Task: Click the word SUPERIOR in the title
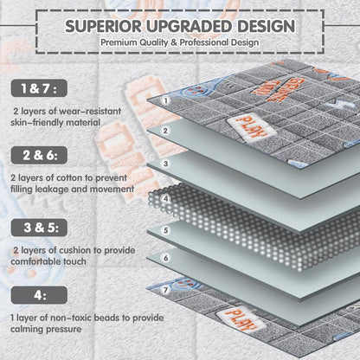[x=103, y=26]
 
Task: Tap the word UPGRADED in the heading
[x=190, y=26]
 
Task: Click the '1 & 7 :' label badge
[x=39, y=88]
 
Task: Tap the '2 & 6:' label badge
[x=39, y=155]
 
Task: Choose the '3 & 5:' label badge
[x=39, y=228]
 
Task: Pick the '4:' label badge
[x=39, y=295]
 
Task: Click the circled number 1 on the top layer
[x=165, y=100]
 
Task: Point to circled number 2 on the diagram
[x=165, y=131]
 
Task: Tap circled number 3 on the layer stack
[x=165, y=164]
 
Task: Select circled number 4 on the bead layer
[x=165, y=198]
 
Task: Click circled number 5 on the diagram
[x=165, y=230]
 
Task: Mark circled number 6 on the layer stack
[x=165, y=258]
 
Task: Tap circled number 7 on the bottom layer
[x=165, y=289]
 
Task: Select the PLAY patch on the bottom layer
[x=241, y=318]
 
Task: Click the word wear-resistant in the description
[x=90, y=111]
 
